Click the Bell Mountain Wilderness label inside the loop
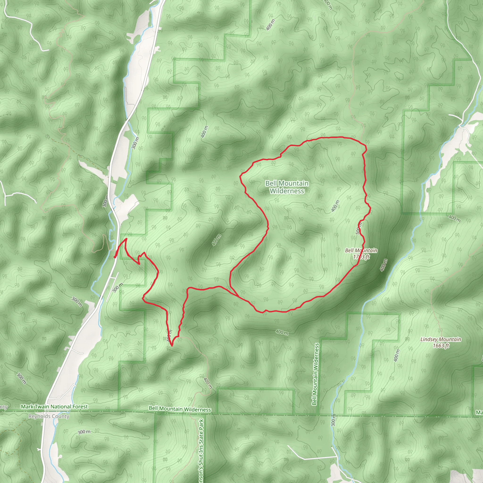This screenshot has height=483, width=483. click(x=287, y=187)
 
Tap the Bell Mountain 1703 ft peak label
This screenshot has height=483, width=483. click(x=361, y=253)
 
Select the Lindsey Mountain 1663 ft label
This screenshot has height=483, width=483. click(x=441, y=342)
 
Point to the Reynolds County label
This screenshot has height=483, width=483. click(x=49, y=416)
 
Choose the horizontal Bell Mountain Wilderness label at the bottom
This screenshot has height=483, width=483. click(x=180, y=409)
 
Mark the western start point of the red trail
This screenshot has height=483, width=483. click(x=114, y=257)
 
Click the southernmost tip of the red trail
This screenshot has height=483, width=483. click(x=172, y=346)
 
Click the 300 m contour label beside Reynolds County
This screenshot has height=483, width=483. click(x=84, y=432)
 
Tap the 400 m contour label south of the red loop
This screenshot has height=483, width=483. click(x=282, y=332)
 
